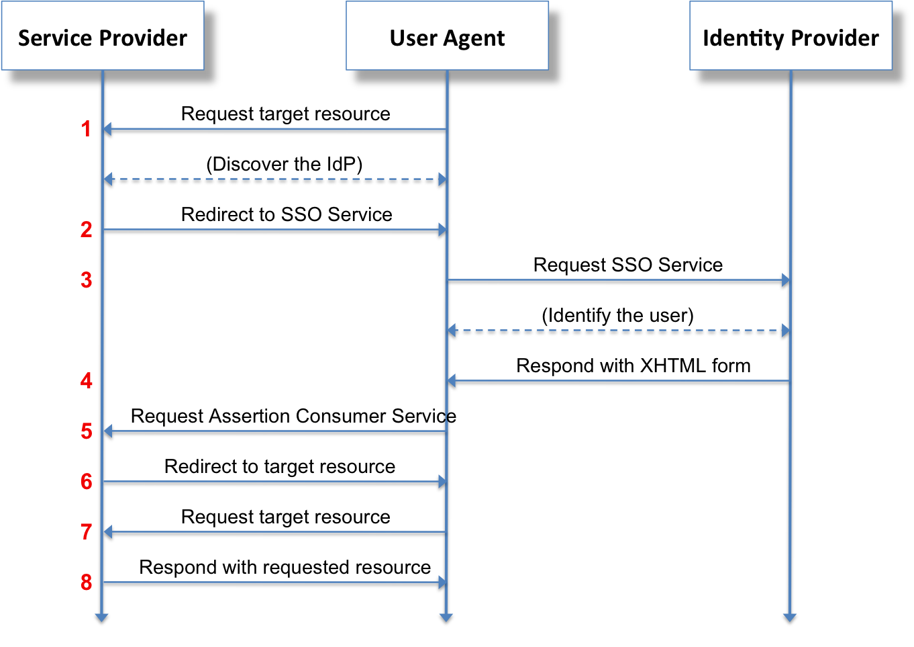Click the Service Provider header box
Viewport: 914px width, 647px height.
pos(103,37)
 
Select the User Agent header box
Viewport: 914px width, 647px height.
pos(447,37)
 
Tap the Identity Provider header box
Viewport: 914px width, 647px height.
pos(791,37)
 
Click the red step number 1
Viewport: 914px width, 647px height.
pos(86,128)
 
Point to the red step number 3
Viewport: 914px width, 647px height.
pos(86,279)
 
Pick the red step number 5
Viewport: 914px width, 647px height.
pos(86,431)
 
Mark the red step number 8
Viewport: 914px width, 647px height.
pos(86,582)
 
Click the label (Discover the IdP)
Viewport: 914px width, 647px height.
pos(284,164)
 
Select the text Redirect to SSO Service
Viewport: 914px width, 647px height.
pos(287,214)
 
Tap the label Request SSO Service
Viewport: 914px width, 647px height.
pos(627,265)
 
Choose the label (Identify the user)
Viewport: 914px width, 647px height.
pos(617,315)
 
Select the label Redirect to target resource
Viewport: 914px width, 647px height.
pos(280,466)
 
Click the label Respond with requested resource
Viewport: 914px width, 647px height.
pos(285,567)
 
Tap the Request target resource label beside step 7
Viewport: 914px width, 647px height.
pos(285,517)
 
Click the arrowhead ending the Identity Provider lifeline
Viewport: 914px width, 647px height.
pos(790,618)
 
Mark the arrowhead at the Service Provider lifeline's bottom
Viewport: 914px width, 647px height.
pos(102,618)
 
